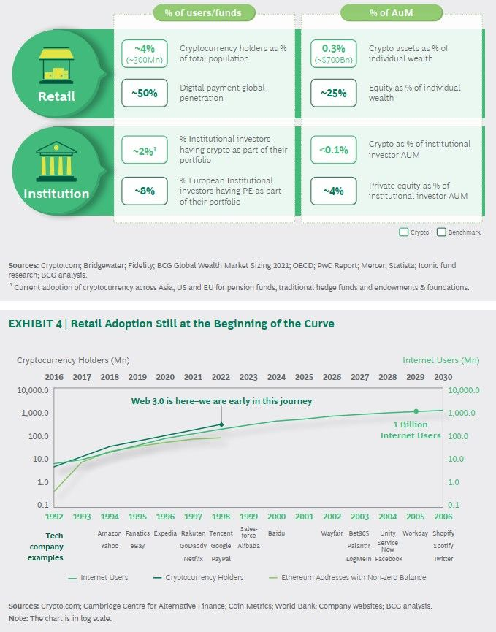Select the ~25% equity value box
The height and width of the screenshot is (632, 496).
point(332,93)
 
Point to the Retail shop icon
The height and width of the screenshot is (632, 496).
point(56,64)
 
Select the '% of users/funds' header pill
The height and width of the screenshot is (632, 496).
point(207,12)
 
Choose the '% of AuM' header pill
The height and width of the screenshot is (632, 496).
point(392,12)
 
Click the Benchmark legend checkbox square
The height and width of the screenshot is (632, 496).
point(441,232)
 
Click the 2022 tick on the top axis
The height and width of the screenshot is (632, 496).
point(221,377)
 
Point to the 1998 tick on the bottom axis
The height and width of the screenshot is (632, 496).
point(221,516)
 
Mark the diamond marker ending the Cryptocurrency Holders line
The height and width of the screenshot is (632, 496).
point(221,424)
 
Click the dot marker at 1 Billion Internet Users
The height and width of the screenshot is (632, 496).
point(416,411)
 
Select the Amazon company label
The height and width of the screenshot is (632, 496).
point(110,533)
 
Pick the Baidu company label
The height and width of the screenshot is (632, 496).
point(277,533)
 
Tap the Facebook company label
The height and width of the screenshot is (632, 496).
point(389,559)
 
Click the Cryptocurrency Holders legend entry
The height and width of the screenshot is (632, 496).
point(205,577)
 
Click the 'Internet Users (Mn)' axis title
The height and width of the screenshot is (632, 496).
point(440,360)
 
